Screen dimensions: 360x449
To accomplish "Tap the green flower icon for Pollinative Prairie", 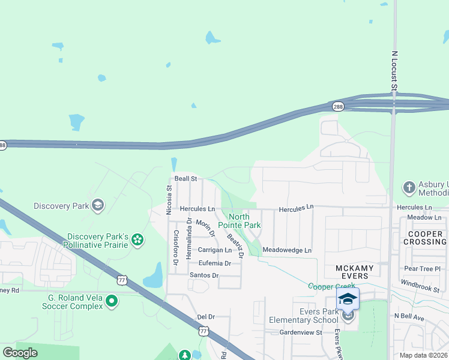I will [x=137, y=240].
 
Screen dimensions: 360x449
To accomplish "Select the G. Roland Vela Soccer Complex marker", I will [x=111, y=301].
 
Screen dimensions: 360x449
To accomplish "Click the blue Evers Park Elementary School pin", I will [x=348, y=299].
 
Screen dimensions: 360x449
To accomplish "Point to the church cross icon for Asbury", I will [x=409, y=188].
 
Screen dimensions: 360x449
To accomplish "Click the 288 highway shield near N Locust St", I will [x=339, y=106].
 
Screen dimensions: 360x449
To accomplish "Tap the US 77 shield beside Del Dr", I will [x=203, y=331].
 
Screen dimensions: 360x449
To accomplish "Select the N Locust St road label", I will [x=394, y=71].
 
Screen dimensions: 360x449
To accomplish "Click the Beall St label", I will [x=185, y=179].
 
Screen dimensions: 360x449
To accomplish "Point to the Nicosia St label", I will [x=169, y=196].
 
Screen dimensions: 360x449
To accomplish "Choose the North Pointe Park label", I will [x=244, y=221].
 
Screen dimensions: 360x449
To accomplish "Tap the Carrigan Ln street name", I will [x=215, y=250].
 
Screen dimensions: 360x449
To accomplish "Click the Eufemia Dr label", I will [x=215, y=263].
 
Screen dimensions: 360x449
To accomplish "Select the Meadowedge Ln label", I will [x=287, y=250].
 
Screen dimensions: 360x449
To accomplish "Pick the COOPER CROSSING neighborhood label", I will [x=426, y=238].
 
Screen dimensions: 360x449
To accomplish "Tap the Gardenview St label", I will [x=301, y=332].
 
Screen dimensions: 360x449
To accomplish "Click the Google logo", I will [x=20, y=353].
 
